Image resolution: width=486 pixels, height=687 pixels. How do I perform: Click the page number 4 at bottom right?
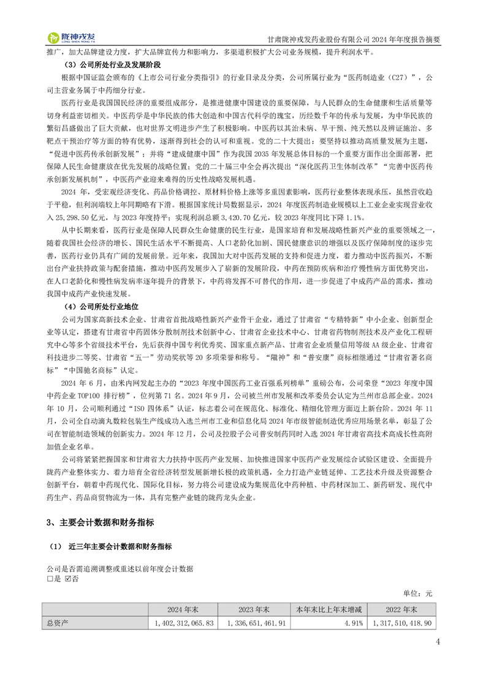click(438, 642)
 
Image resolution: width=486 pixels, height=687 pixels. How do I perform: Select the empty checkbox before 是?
click(50, 579)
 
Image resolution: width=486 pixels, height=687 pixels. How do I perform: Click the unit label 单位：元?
click(418, 593)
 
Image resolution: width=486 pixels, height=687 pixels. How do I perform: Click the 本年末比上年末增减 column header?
click(328, 609)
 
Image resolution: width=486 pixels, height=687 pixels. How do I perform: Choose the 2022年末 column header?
click(401, 609)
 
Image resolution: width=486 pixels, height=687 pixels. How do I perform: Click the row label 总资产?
click(58, 622)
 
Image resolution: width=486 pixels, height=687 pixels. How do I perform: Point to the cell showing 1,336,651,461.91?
click(256, 622)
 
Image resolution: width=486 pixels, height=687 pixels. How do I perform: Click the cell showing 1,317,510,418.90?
click(402, 622)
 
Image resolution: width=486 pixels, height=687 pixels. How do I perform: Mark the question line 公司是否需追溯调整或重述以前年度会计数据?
click(120, 569)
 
